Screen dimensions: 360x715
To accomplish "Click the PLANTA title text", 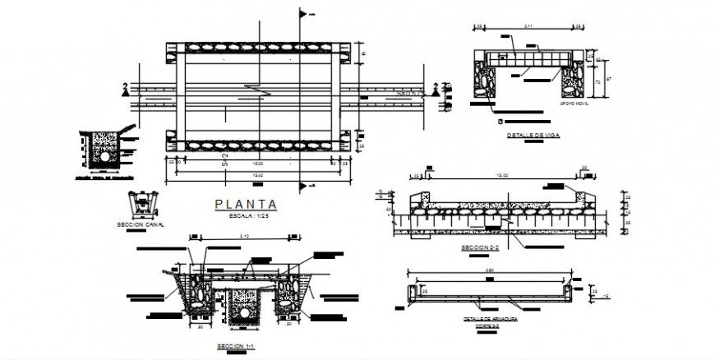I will pyautogui.click(x=246, y=205).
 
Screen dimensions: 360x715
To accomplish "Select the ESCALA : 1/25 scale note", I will pyautogui.click(x=246, y=216).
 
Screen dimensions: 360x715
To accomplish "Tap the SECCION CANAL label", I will pyautogui.click(x=141, y=223).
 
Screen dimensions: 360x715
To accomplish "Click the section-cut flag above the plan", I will pyautogui.click(x=307, y=14).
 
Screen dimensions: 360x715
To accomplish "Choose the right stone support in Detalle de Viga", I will pyautogui.click(x=572, y=82).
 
